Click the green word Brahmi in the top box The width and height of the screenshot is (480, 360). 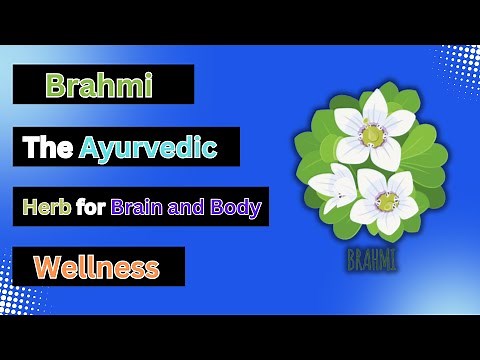click(99, 86)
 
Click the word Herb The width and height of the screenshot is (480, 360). click(47, 208)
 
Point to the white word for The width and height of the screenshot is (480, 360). click(92, 208)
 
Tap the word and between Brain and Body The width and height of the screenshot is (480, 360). click(189, 208)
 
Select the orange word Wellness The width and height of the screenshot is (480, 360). click(96, 267)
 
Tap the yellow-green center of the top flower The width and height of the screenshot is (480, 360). click(372, 133)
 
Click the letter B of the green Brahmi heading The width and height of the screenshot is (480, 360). click(55, 86)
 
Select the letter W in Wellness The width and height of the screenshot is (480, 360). click(45, 267)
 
